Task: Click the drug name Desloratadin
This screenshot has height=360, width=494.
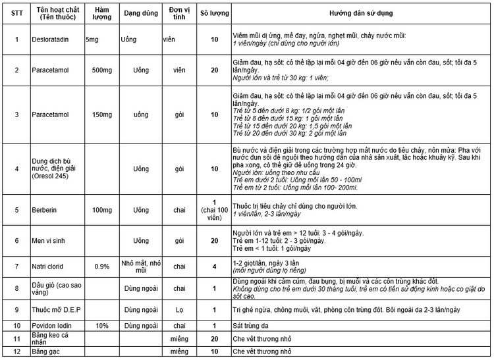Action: (52, 39)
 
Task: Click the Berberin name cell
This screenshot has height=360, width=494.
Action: (46, 211)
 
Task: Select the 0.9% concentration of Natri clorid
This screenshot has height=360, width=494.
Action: (101, 267)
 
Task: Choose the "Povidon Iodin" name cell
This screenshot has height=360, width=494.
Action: (53, 326)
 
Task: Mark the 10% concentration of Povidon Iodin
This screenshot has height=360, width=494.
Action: (101, 326)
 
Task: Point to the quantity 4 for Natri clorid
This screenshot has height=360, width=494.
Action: (214, 267)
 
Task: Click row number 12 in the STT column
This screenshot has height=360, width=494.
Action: (16, 351)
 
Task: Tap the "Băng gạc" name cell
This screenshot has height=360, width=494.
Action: (47, 351)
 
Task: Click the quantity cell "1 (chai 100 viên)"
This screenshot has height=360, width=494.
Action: (214, 210)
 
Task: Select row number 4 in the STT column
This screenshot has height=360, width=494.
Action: (16, 168)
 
